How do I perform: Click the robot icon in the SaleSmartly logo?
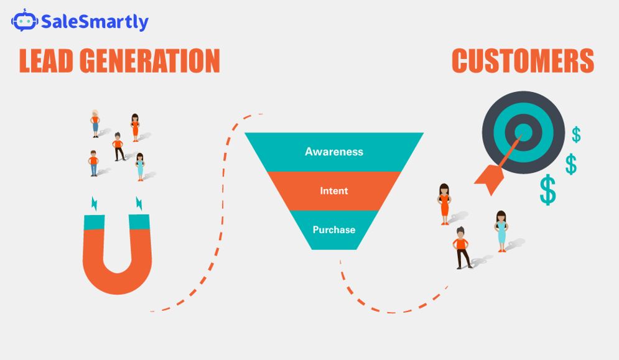pos(24,21)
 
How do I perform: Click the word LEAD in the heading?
pos(47,61)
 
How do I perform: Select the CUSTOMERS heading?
pos(523,61)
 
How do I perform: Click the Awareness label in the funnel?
pos(334,152)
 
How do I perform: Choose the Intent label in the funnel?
pos(334,191)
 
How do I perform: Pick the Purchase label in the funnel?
pos(334,229)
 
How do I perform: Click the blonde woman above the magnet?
pos(95,123)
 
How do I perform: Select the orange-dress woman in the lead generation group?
pos(135,127)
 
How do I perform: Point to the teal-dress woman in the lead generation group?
pos(140,166)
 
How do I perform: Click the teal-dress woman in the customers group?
pos(501,231)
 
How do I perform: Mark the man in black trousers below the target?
pos(461,247)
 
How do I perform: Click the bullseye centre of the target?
pos(523,131)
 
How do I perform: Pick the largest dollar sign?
pos(548,190)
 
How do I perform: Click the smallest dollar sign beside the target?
pos(577,134)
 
